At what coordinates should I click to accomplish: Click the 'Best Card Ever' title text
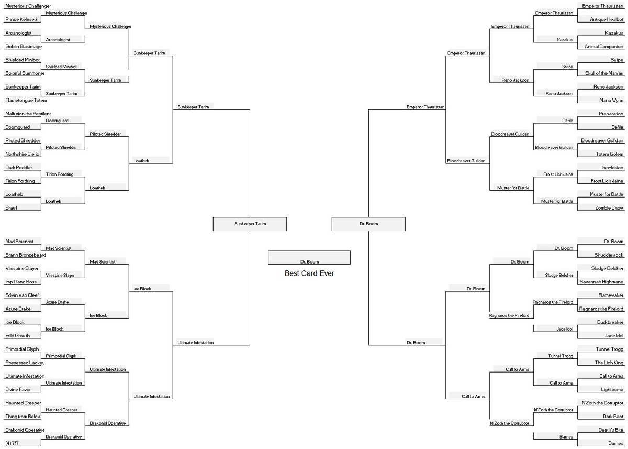pyautogui.click(x=309, y=273)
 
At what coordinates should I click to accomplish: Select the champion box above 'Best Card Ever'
pyautogui.click(x=309, y=258)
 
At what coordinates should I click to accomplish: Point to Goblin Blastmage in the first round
pyautogui.click(x=24, y=47)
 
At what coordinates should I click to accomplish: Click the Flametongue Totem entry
pyautogui.click(x=26, y=100)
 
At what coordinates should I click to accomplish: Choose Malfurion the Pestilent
pyautogui.click(x=28, y=114)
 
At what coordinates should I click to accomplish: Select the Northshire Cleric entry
pyautogui.click(x=23, y=154)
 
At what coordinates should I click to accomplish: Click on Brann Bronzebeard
pyautogui.click(x=26, y=255)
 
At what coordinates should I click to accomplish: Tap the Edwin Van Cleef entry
pyautogui.click(x=22, y=295)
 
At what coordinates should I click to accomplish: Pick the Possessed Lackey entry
pyautogui.click(x=25, y=363)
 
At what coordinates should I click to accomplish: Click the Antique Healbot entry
pyautogui.click(x=607, y=20)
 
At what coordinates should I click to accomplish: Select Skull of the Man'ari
pyautogui.click(x=602, y=73)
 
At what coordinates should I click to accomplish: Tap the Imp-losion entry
pyautogui.click(x=612, y=167)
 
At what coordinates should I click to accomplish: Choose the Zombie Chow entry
pyautogui.click(x=609, y=208)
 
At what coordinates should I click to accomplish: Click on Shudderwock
pyautogui.click(x=609, y=255)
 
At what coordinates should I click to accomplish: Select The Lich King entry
pyautogui.click(x=609, y=363)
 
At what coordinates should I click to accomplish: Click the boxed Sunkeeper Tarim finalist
pyautogui.click(x=250, y=224)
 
